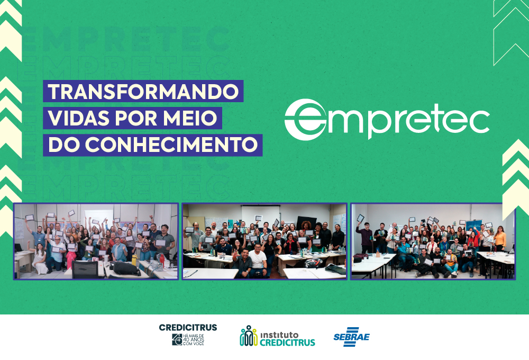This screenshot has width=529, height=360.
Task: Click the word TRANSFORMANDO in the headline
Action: coord(143,91)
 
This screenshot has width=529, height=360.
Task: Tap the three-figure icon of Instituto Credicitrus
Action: coord(248,336)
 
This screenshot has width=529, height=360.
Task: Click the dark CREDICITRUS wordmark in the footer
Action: coord(188,328)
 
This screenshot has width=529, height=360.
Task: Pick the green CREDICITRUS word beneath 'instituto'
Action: coord(287,343)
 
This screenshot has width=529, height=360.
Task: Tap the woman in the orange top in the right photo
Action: coord(499,239)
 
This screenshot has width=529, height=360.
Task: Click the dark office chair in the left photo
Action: coord(85,269)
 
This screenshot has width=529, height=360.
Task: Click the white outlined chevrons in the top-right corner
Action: coord(510,32)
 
